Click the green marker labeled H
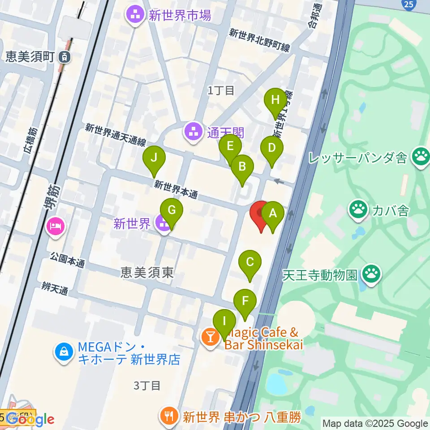click(275, 101)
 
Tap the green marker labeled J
click(154, 159)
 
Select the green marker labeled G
click(172, 210)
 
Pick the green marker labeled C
click(250, 262)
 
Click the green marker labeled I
click(224, 322)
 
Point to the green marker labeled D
click(271, 149)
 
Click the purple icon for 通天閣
click(193, 133)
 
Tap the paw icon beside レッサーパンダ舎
click(421, 157)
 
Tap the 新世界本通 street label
click(176, 190)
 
